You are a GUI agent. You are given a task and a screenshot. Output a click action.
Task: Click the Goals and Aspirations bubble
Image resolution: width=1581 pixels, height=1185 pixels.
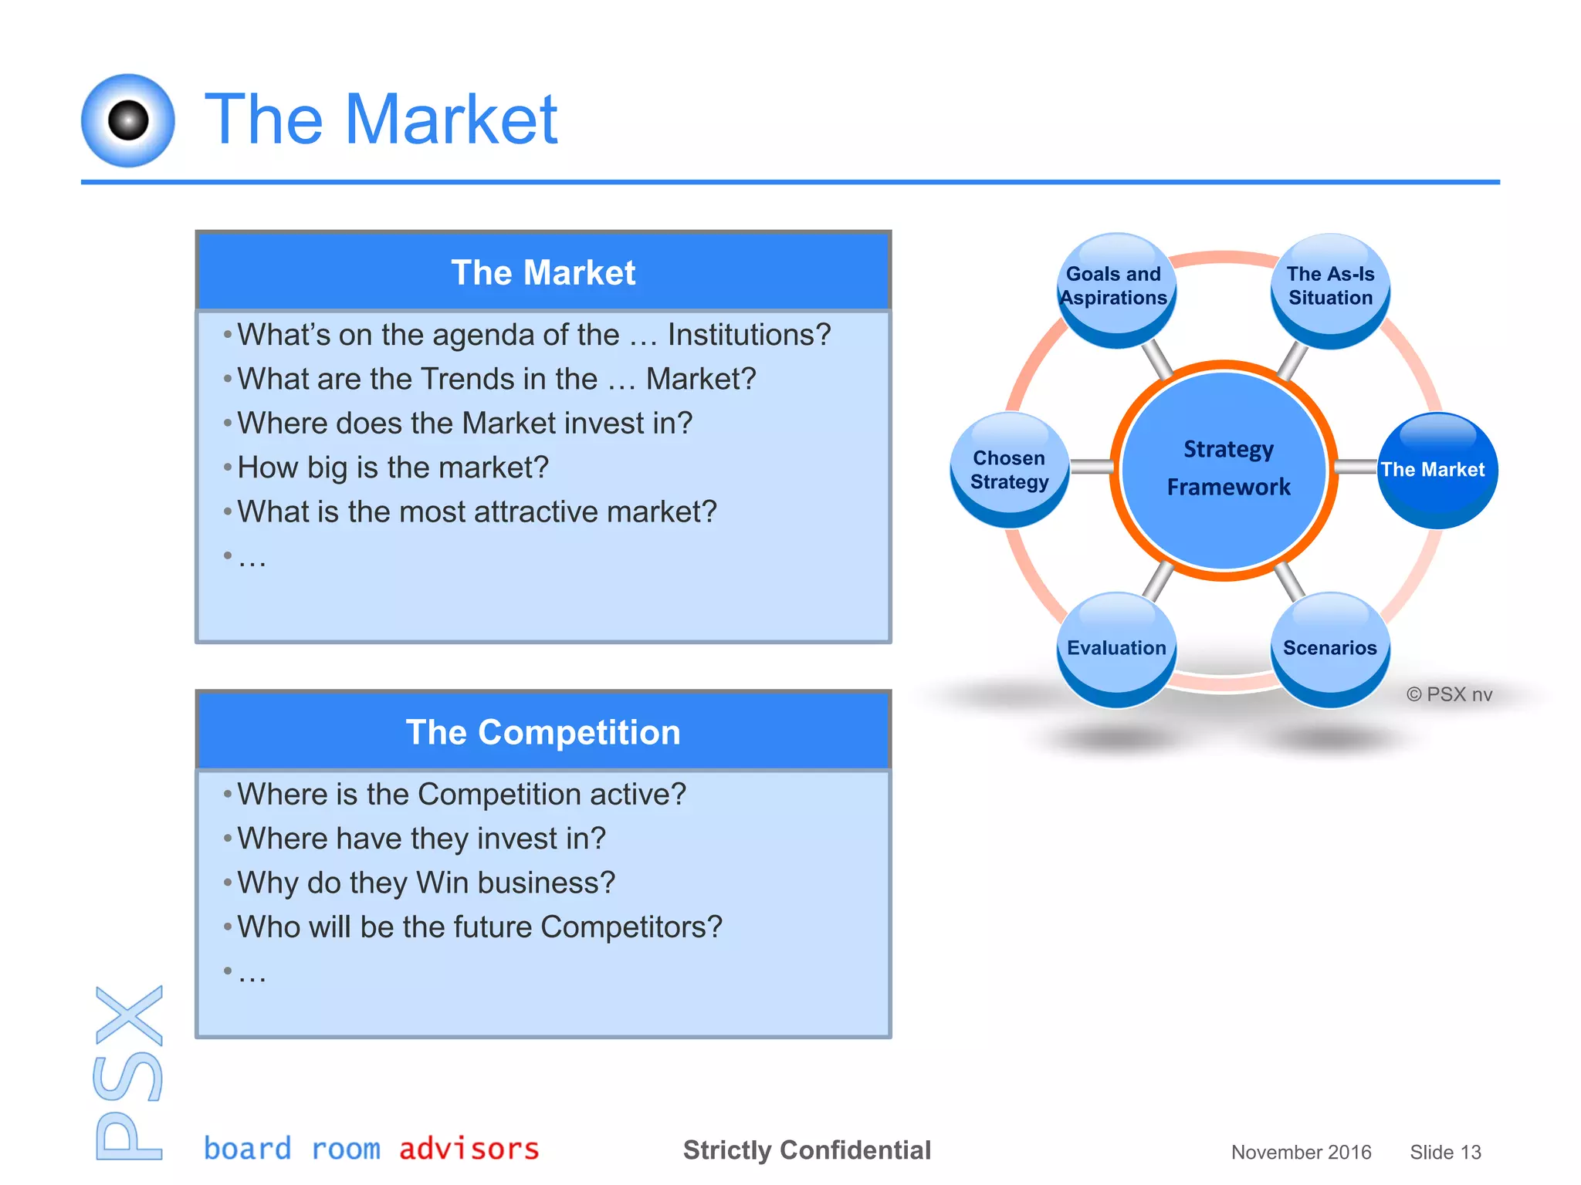pos(1116,289)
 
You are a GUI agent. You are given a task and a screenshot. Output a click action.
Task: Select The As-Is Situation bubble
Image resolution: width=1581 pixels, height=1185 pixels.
pos(1330,289)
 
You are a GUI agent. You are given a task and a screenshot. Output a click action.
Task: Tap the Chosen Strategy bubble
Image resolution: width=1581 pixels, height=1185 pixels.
pos(1009,469)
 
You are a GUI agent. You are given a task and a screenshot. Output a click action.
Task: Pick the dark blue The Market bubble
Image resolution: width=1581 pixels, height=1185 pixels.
pos(1437,470)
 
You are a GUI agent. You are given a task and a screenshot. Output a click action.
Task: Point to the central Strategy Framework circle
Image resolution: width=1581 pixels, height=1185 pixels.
pos(1224,469)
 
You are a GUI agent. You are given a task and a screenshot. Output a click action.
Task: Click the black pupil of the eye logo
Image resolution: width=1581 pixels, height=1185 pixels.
pos(128,120)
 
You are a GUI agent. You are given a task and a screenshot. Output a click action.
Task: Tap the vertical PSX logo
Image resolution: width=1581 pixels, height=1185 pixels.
pos(129,1072)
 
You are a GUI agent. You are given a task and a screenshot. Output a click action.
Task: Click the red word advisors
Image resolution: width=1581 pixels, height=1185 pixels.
pos(469,1149)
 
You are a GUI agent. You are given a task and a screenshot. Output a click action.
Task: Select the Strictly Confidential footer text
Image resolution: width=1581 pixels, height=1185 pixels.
pos(807,1150)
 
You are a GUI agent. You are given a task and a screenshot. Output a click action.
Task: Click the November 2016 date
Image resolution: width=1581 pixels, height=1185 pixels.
pos(1301,1153)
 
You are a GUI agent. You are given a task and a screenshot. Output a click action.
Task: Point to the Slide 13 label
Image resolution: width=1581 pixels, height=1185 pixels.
pos(1445,1153)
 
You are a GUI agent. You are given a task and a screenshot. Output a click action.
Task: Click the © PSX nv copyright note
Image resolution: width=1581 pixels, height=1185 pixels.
pos(1449,694)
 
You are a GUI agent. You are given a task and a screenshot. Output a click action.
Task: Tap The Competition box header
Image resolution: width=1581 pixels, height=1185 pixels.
pos(543,732)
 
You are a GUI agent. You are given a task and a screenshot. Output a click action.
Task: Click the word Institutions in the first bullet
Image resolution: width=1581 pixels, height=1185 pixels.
pos(749,335)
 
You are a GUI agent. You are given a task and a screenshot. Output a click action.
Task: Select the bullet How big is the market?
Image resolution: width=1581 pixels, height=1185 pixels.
pos(392,468)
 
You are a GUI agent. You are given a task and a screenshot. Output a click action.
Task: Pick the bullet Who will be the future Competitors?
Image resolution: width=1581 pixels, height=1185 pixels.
pos(479,927)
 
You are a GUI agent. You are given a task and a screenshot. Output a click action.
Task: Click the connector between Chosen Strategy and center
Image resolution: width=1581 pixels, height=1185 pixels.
pos(1091,468)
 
